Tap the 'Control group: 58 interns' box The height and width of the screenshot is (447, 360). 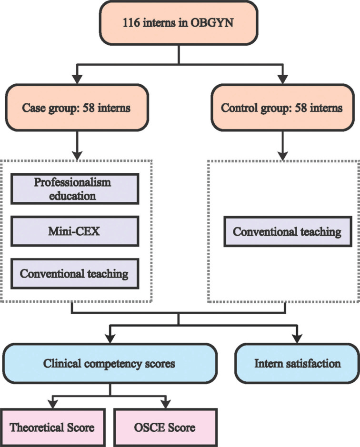[282, 108]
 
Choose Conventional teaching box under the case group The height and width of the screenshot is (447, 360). [76, 274]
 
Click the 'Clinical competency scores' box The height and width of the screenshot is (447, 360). [110, 364]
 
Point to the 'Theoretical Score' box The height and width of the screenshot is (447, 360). [53, 427]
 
